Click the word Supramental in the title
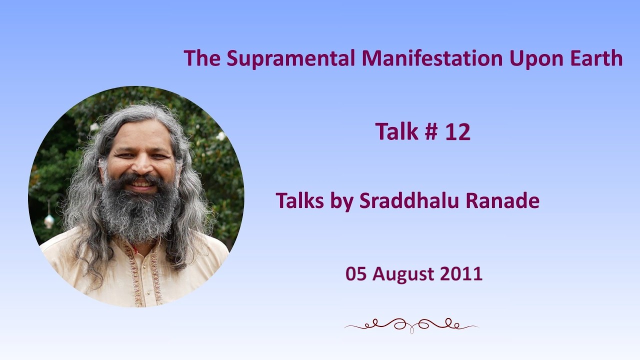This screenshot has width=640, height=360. pyautogui.click(x=290, y=58)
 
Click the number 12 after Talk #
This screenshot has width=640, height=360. pyautogui.click(x=457, y=131)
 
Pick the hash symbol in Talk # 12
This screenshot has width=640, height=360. pyautogui.click(x=431, y=131)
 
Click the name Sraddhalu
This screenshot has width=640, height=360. pyautogui.click(x=409, y=200)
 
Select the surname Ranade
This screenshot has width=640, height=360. pyautogui.click(x=502, y=200)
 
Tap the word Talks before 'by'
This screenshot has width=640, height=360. pyautogui.click(x=299, y=200)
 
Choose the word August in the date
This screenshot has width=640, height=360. pyautogui.click(x=403, y=274)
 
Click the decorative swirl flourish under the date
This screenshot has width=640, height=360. pyautogui.click(x=411, y=325)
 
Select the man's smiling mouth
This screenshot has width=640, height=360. pyautogui.click(x=142, y=183)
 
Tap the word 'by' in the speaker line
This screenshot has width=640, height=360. pyautogui.click(x=341, y=201)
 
